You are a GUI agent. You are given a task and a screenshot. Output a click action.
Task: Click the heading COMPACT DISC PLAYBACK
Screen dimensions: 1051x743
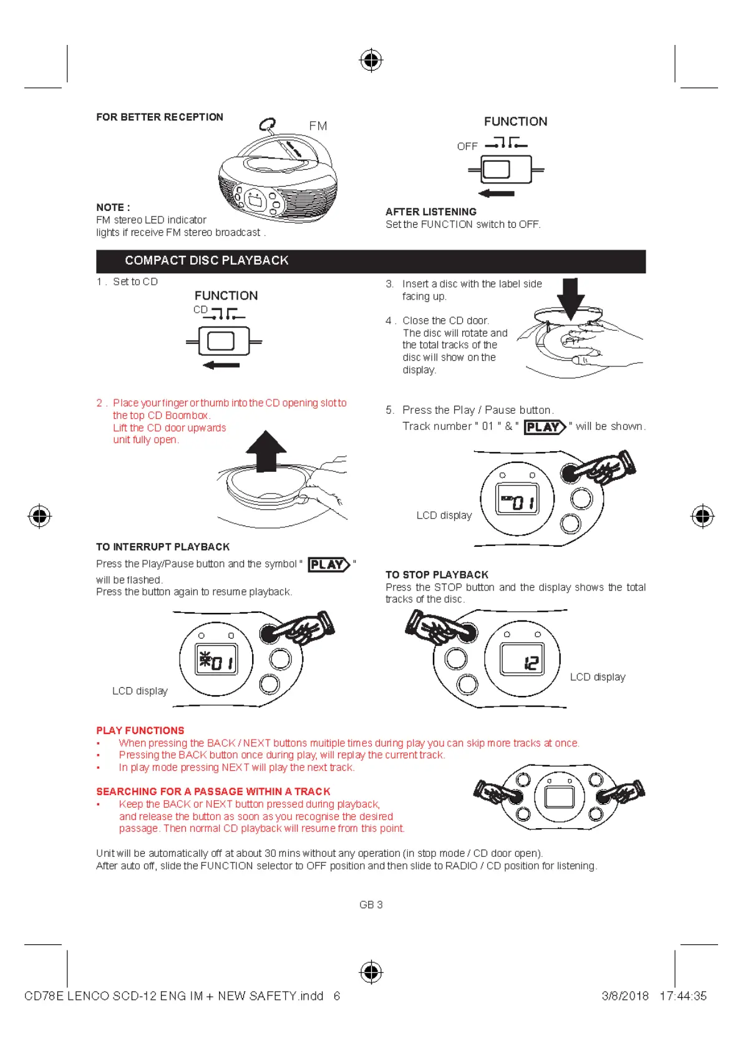click(206, 260)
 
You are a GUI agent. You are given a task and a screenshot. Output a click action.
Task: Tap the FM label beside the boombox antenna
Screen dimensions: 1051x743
click(318, 126)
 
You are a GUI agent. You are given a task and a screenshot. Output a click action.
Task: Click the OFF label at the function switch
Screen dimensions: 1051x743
click(467, 147)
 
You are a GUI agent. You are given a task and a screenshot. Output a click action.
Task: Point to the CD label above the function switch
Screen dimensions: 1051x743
click(200, 310)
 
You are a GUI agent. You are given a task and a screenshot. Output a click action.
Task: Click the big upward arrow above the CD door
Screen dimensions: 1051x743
click(266, 451)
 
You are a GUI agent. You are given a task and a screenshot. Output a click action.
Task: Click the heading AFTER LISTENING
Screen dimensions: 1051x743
click(431, 212)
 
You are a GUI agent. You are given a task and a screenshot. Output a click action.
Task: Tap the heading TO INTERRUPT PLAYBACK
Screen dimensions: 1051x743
click(163, 547)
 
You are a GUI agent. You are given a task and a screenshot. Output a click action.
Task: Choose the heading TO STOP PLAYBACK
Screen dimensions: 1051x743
click(437, 575)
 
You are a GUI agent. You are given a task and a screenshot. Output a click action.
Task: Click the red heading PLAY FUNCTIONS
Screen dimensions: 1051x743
click(140, 730)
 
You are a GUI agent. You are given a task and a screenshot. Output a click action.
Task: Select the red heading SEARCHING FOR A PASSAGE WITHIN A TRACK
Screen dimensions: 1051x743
click(213, 791)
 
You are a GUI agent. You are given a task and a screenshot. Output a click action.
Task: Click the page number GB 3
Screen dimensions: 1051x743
click(371, 904)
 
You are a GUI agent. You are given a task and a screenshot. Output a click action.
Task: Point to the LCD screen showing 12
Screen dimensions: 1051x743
click(522, 660)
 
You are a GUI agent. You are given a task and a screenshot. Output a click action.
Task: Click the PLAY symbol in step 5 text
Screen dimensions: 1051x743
click(545, 427)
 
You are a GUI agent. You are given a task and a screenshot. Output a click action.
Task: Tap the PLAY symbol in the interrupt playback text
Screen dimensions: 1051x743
click(329, 565)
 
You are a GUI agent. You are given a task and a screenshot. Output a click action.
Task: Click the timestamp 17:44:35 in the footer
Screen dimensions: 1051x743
click(683, 996)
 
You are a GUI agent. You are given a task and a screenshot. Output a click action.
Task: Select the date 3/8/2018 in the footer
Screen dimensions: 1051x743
click(625, 996)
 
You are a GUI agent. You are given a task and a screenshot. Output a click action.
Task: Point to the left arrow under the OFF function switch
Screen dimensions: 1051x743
click(497, 193)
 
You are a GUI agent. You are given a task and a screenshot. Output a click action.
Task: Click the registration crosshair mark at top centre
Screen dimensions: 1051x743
click(371, 61)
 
